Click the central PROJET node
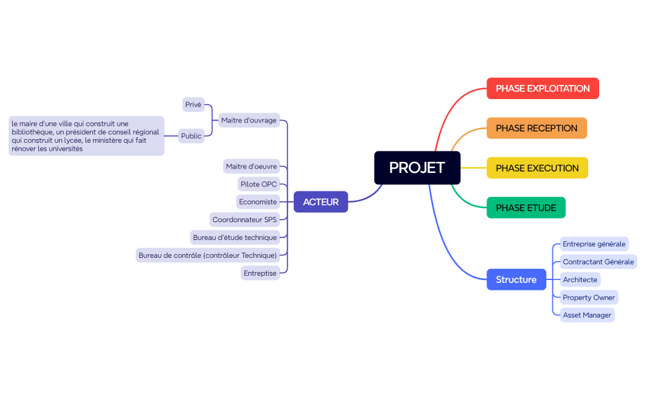pos(417,167)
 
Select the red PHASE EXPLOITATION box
pos(543,88)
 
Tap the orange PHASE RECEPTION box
pos(536,128)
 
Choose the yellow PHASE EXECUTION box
pos(537,168)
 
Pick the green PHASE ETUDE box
pos(526,208)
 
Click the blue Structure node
pos(516,279)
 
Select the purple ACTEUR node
pos(320,202)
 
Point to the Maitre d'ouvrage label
pos(249,120)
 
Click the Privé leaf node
pos(193,105)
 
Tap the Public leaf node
pos(192,136)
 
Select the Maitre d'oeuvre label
pos(251,166)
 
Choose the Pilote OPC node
pos(259,184)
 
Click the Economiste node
pos(258,202)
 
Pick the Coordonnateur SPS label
pos(244,220)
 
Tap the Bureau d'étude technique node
pos(235,238)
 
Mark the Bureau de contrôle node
pos(208,255)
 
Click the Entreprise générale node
pos(594,244)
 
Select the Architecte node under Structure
pos(580,279)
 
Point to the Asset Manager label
pos(587,315)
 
